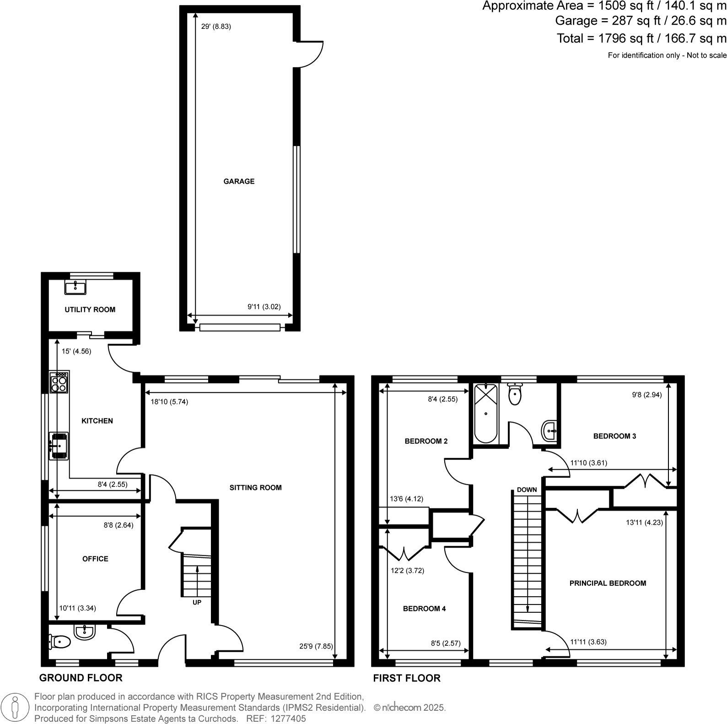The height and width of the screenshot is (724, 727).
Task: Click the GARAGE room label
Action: [239, 181]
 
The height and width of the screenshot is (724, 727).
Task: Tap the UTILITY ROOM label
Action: [90, 309]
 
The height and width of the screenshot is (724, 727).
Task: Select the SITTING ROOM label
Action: [255, 487]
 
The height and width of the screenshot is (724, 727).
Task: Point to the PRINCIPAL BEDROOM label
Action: [608, 583]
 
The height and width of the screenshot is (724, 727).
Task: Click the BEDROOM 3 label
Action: [614, 436]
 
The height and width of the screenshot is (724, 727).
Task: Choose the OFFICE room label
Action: [95, 559]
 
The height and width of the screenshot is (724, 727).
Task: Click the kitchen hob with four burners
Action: [59, 382]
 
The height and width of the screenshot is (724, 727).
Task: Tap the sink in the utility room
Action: [75, 287]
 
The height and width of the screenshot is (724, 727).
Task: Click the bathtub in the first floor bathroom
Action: [485, 413]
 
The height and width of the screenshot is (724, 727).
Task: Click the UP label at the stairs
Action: [197, 602]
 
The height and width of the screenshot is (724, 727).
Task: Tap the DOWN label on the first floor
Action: [527, 490]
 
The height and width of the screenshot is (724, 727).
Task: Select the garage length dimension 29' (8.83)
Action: [216, 27]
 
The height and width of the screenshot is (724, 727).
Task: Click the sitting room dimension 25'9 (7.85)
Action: [316, 647]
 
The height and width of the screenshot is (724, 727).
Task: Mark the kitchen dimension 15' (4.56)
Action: [76, 351]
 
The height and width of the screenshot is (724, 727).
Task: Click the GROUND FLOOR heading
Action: [81, 678]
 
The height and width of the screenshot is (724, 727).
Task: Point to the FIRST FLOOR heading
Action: [407, 678]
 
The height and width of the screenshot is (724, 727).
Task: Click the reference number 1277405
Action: [288, 719]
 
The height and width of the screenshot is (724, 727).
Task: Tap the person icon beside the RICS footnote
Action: [16, 707]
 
